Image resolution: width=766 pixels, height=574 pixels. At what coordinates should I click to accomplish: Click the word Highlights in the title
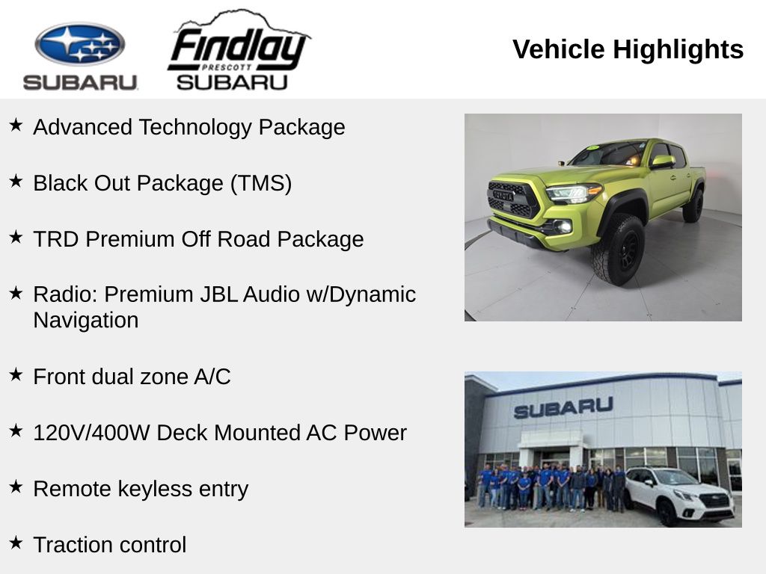click(678, 50)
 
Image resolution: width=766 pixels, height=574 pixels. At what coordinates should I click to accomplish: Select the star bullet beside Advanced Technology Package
click(16, 125)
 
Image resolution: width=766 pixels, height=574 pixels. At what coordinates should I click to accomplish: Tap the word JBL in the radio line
click(251, 294)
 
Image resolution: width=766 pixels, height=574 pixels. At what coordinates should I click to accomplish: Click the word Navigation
click(85, 320)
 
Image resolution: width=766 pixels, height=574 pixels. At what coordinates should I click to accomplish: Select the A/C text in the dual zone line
click(212, 377)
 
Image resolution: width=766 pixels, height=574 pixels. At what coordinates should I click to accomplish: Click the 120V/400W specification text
click(91, 433)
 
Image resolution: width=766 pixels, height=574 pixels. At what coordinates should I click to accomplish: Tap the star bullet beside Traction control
click(16, 543)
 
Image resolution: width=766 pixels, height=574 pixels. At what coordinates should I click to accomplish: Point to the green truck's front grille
click(512, 199)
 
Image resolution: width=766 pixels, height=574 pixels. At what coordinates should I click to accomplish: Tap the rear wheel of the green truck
click(693, 205)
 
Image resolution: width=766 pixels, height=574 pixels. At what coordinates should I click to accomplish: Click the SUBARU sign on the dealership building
click(563, 407)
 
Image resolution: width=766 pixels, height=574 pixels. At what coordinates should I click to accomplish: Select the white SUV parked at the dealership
click(678, 495)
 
